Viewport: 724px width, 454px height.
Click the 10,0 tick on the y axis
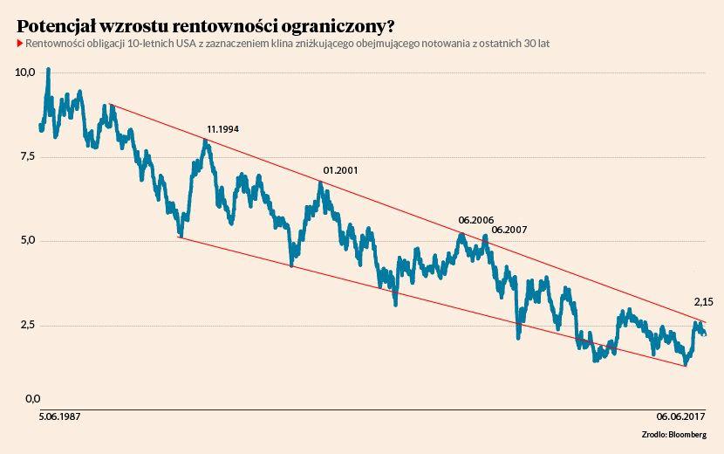pyautogui.click(x=24, y=72)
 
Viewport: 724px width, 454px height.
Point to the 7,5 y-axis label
pyautogui.click(x=24, y=156)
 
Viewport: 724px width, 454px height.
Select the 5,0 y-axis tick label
pyautogui.click(x=24, y=240)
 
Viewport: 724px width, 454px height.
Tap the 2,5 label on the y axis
pyautogui.click(x=24, y=325)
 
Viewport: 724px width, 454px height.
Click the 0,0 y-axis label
pyautogui.click(x=32, y=399)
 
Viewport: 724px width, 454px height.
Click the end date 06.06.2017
pyautogui.click(x=680, y=416)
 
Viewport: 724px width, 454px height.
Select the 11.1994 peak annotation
pyautogui.click(x=222, y=129)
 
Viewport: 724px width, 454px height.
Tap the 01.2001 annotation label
pyautogui.click(x=340, y=170)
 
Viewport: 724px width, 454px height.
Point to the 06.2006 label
pyautogui.click(x=475, y=221)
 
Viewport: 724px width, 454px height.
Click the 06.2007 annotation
pyautogui.click(x=509, y=230)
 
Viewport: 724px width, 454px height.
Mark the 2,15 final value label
pyautogui.click(x=703, y=301)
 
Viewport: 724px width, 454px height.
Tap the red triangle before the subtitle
pyautogui.click(x=20, y=43)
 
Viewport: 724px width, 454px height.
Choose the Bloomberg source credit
pyautogui.click(x=687, y=434)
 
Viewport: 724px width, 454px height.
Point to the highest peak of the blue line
pyautogui.click(x=48, y=68)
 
